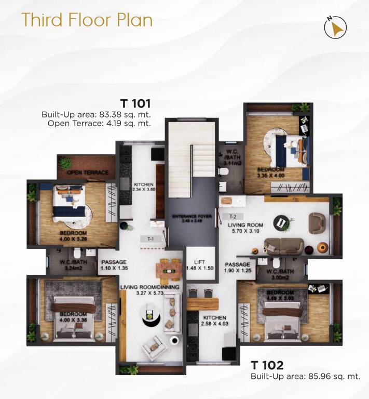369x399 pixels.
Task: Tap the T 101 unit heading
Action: (135, 102)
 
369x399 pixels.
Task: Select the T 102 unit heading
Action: (267, 364)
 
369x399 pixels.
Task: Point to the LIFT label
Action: (200, 264)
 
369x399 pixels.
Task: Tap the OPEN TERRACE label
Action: (87, 172)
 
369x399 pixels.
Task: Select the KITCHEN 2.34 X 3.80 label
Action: (144, 188)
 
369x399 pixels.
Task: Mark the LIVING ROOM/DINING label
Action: (149, 290)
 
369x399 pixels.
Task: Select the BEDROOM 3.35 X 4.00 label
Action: (271, 173)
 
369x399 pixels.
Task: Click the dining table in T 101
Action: (168, 269)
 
